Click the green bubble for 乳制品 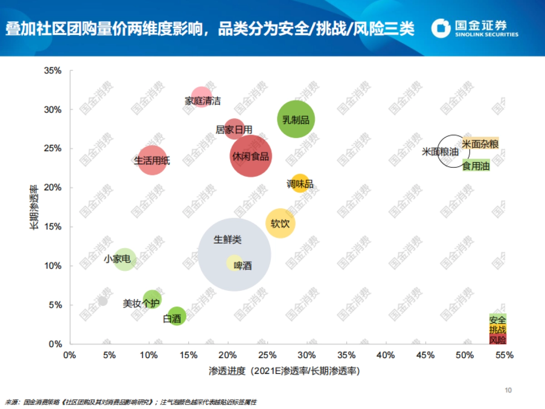[296, 120]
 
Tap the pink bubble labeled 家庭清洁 [201, 96]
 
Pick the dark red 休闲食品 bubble [251, 156]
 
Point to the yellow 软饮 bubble [280, 223]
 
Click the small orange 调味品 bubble [300, 184]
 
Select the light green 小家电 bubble [124, 259]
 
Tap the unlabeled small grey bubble [103, 301]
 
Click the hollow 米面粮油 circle [453, 151]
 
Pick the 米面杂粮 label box [480, 144]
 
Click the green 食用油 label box [476, 166]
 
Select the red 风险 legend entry [498, 339]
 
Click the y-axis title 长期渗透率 [34, 206]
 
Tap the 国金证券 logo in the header [475, 28]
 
